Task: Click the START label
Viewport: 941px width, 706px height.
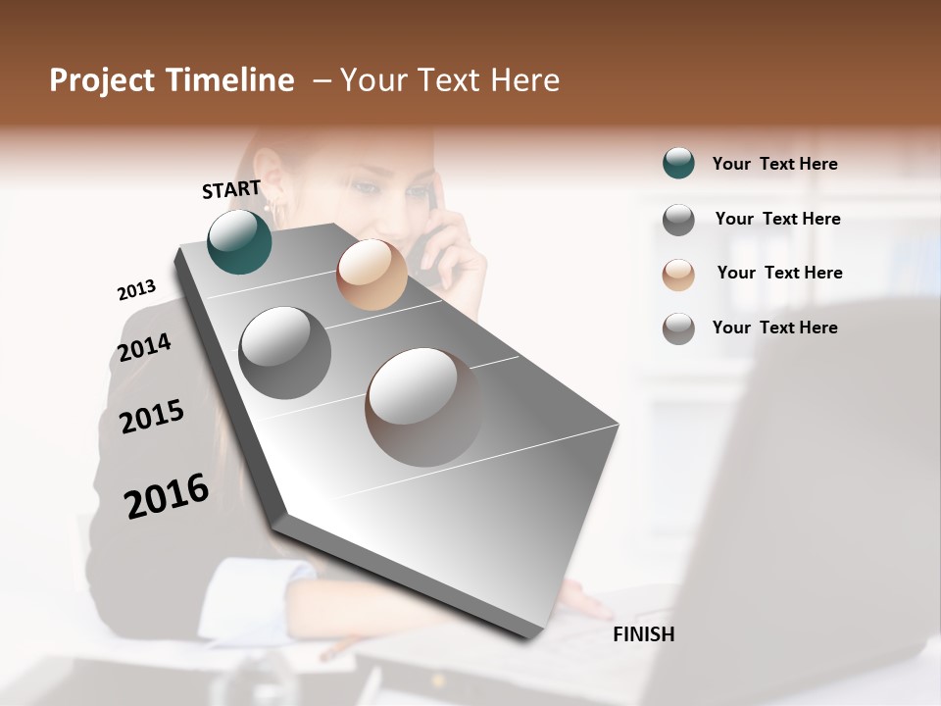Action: (231, 189)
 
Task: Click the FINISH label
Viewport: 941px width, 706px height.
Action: (643, 634)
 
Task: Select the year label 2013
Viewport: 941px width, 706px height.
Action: (136, 290)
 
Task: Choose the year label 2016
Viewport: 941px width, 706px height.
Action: (167, 496)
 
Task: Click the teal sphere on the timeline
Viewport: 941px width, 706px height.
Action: (239, 241)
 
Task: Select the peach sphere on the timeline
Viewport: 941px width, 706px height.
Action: (371, 275)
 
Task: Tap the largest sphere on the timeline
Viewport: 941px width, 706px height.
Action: (423, 406)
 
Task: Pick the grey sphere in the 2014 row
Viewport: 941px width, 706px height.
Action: (284, 352)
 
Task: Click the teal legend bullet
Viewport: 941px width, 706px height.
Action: (678, 164)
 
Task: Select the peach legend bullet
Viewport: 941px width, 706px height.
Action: (678, 275)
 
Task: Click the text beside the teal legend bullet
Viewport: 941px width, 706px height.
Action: (774, 164)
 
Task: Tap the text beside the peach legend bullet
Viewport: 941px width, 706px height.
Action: (779, 273)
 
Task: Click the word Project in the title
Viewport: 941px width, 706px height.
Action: (101, 80)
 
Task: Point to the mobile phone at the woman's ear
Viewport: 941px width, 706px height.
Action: (429, 245)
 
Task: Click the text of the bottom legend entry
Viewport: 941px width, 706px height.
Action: (774, 328)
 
